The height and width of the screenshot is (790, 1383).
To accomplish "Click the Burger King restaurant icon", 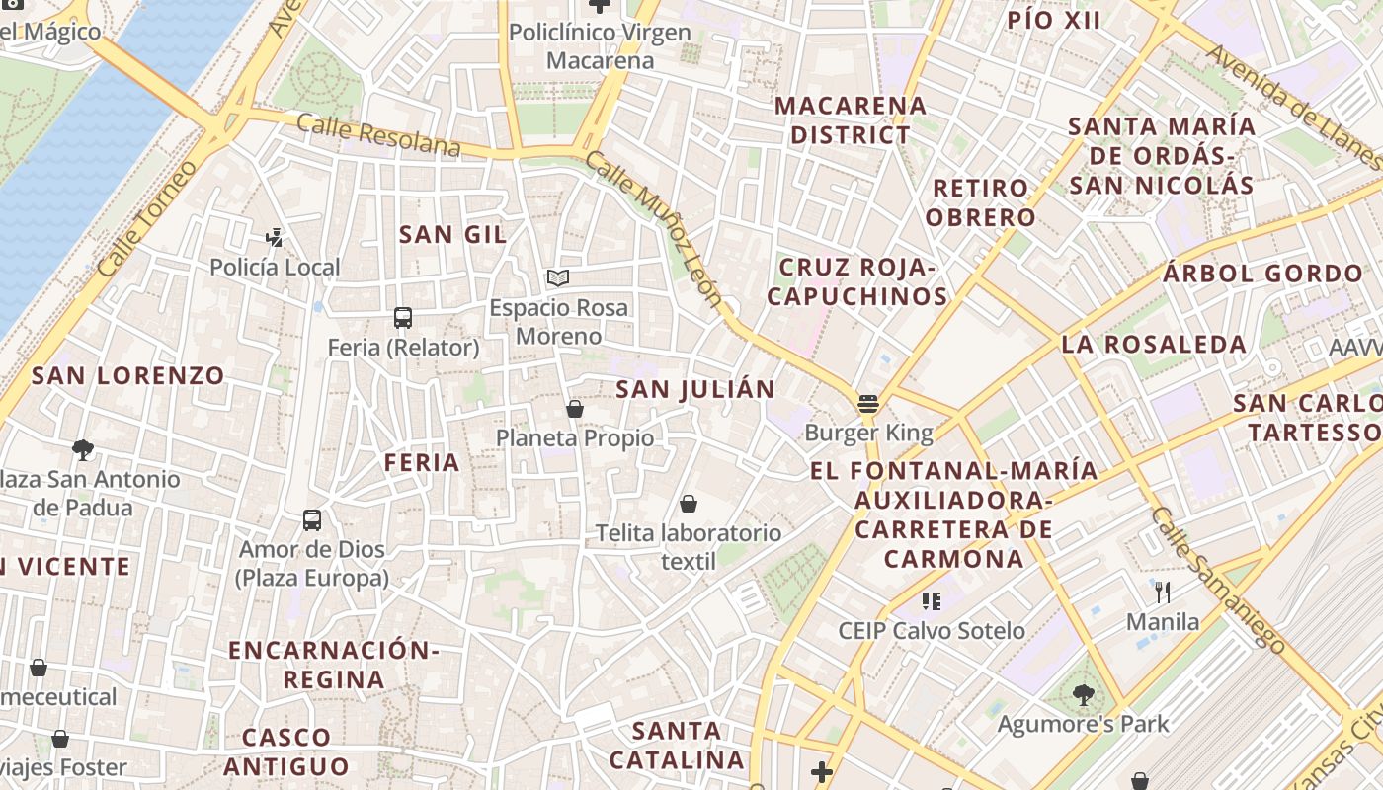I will pyautogui.click(x=868, y=403).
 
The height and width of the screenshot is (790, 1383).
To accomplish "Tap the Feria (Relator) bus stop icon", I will pyautogui.click(x=403, y=318).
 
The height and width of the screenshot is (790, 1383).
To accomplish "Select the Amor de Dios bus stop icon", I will pyautogui.click(x=312, y=519).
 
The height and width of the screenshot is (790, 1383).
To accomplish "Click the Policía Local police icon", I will pyautogui.click(x=275, y=237).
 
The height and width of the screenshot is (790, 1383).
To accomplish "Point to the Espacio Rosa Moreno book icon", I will pyautogui.click(x=558, y=278).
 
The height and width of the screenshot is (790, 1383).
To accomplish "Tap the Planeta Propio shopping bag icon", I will pyautogui.click(x=575, y=408).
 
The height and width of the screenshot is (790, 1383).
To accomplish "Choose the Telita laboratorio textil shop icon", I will pyautogui.click(x=689, y=504).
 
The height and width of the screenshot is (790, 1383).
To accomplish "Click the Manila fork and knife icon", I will pyautogui.click(x=1163, y=592).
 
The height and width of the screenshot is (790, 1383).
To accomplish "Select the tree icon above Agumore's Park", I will pyautogui.click(x=1084, y=694).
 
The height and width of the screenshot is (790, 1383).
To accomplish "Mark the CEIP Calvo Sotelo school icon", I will pyautogui.click(x=931, y=599).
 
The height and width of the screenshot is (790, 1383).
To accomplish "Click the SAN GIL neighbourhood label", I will pyautogui.click(x=452, y=235).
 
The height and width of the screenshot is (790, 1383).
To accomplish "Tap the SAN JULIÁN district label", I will pyautogui.click(x=695, y=389).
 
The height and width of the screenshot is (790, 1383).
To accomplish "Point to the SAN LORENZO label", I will pyautogui.click(x=128, y=375).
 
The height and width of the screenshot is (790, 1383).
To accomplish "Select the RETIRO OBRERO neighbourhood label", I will pyautogui.click(x=981, y=202).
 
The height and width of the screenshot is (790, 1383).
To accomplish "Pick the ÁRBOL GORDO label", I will pyautogui.click(x=1262, y=274).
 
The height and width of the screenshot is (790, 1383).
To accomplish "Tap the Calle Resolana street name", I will pyautogui.click(x=378, y=136).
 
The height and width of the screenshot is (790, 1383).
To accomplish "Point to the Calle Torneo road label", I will pyautogui.click(x=141, y=217).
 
